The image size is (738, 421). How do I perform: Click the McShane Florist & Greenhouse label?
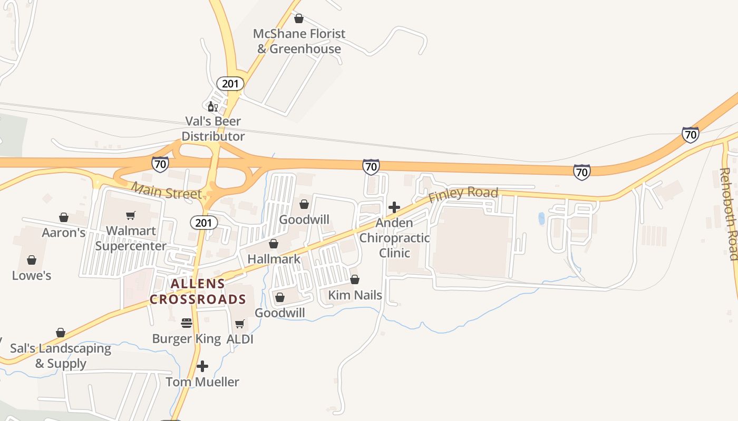coord(299,41)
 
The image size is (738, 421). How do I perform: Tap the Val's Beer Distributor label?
coord(213,129)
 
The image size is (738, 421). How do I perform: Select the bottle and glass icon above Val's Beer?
coord(212,107)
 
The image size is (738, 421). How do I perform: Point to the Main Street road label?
coord(166,191)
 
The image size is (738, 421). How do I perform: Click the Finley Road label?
coord(463,194)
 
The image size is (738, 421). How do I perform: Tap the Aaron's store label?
coord(64,233)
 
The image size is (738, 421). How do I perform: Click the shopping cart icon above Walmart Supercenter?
coord(131,215)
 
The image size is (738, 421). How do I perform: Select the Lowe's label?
coord(32,275)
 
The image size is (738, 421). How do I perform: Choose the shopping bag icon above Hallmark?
coord(274,244)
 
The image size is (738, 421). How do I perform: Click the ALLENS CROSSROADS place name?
coord(198,292)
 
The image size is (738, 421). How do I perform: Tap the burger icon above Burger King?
coord(187,323)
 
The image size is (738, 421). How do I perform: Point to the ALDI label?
coord(240,339)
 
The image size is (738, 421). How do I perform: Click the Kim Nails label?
coord(355,295)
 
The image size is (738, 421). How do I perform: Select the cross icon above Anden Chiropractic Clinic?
coord(394,207)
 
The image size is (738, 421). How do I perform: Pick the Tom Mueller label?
coord(202,382)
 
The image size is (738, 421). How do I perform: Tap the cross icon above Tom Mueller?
coord(202,366)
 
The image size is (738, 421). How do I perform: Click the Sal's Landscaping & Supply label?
coord(61,356)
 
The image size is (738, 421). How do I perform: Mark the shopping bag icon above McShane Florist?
coord(299,19)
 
